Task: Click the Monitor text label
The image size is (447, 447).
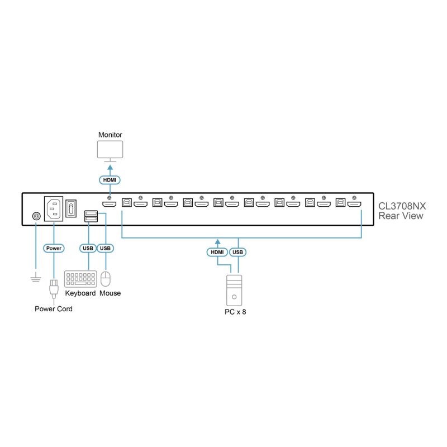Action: [x=110, y=135]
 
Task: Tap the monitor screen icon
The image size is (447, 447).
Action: [x=110, y=149]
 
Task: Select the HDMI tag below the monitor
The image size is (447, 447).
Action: [x=110, y=180]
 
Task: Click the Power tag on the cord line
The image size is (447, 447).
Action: [x=54, y=248]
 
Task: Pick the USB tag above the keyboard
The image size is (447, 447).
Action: [x=88, y=248]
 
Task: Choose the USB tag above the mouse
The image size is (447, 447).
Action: [x=105, y=248]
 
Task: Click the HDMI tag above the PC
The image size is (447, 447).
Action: [x=217, y=252]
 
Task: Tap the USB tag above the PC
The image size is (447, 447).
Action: [x=238, y=252]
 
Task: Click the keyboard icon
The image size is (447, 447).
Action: [x=80, y=279]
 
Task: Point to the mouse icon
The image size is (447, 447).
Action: [x=106, y=279]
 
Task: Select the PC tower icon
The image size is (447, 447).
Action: [x=234, y=291]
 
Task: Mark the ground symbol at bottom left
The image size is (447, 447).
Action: [x=36, y=277]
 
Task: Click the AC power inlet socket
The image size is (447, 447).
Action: [x=54, y=208]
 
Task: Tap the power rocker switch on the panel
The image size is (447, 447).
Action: [x=71, y=208]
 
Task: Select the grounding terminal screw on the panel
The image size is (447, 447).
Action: [x=36, y=216]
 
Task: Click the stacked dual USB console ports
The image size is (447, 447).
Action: [x=91, y=216]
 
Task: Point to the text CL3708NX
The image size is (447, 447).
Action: [x=402, y=206]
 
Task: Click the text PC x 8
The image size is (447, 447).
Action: [x=235, y=312]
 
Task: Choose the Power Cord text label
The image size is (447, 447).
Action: [x=54, y=309]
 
